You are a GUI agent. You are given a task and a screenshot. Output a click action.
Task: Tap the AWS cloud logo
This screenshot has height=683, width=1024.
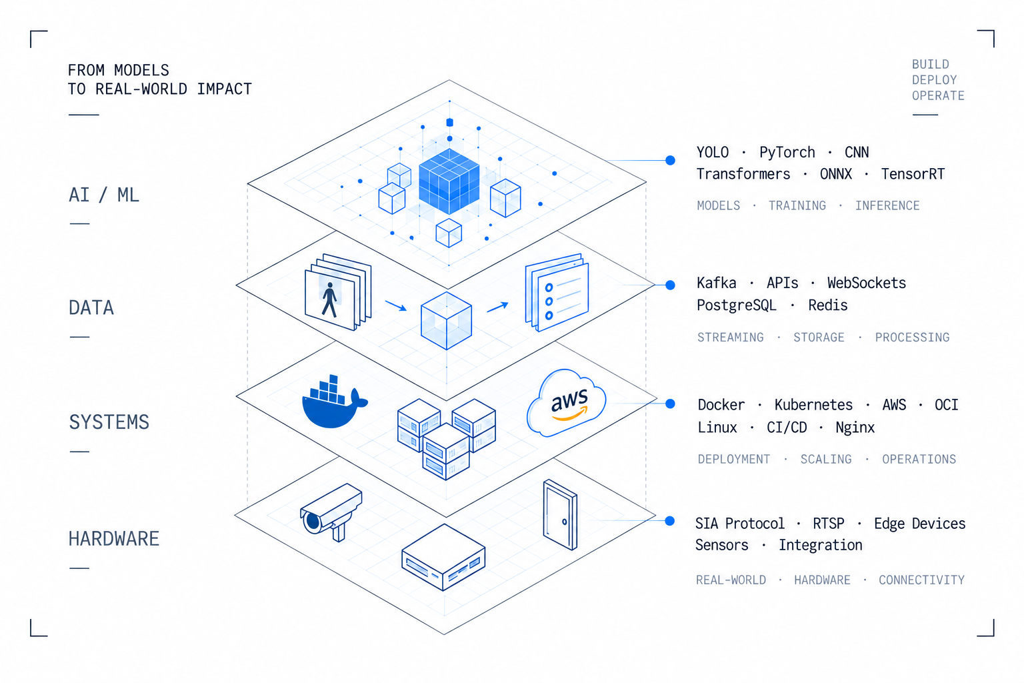567,403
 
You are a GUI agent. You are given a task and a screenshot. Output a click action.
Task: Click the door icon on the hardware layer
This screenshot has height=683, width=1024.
560,515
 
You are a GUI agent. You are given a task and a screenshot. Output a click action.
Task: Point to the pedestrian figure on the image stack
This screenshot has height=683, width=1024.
329,299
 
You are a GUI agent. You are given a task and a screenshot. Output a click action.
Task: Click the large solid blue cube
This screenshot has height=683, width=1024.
449,181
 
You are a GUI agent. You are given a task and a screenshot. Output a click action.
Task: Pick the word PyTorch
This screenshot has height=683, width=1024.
787,152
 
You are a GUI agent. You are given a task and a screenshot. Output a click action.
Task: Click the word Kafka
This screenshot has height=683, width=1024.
717,283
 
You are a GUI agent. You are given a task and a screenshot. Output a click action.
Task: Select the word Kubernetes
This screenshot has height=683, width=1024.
813,404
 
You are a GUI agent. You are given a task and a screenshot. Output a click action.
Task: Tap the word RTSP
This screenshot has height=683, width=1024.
829,523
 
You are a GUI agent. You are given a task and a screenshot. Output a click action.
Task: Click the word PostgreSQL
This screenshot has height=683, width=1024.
736,305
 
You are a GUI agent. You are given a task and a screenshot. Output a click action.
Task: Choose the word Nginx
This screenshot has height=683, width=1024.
855,428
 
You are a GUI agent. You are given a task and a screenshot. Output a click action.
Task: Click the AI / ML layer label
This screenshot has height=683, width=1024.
104,195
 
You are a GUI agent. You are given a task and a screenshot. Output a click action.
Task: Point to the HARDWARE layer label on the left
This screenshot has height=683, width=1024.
114,538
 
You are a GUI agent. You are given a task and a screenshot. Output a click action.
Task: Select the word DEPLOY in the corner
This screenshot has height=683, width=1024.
935,80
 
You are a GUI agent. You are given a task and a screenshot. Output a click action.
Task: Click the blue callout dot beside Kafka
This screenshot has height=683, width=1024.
670,285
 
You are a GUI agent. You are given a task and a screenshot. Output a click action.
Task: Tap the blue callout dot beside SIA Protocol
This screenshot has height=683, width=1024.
670,521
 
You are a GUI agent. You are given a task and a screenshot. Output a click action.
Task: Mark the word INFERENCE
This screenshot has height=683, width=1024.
887,206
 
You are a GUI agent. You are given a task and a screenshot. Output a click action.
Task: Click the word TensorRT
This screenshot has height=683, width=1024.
913,174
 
